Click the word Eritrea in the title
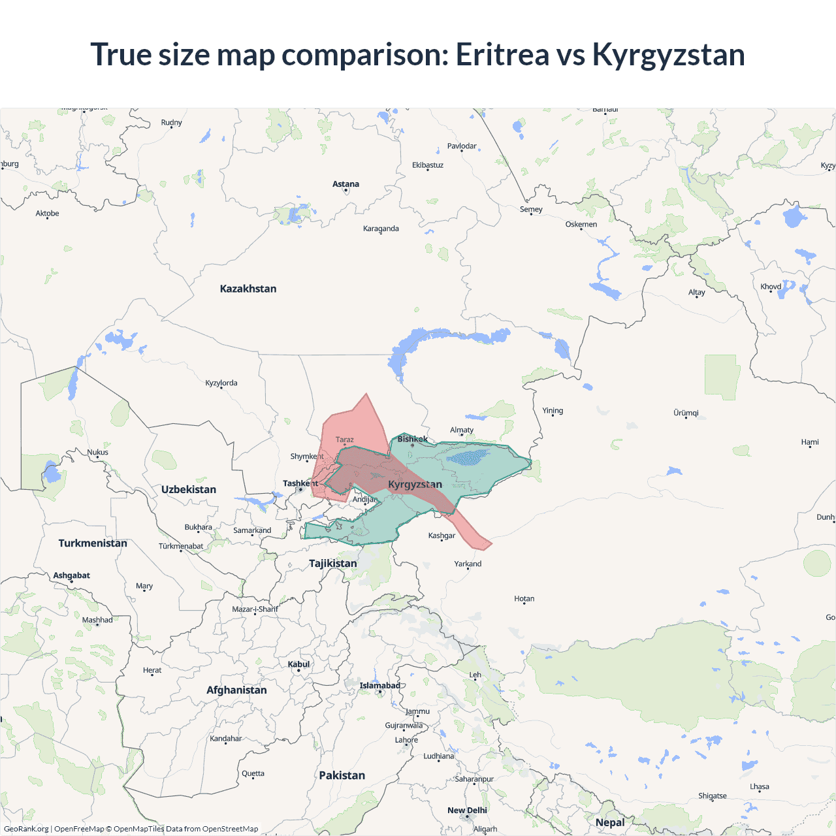[x=502, y=54]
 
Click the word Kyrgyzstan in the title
[x=668, y=54]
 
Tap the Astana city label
[x=346, y=184]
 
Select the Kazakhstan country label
[x=248, y=289]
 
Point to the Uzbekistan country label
[x=189, y=489]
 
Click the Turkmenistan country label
[x=93, y=543]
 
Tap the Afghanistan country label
[x=236, y=690]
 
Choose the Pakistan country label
[x=342, y=775]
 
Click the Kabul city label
[x=298, y=664]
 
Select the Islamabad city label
[x=379, y=685]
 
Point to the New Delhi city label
[x=467, y=811]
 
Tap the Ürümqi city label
[x=686, y=413]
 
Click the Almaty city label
[x=462, y=430]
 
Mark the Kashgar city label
[x=442, y=536]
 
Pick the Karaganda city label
[x=381, y=229]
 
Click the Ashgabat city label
[x=72, y=575]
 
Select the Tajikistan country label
[x=333, y=563]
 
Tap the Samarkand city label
[x=252, y=530]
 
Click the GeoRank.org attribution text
[x=26, y=829]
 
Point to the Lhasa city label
[x=760, y=786]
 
